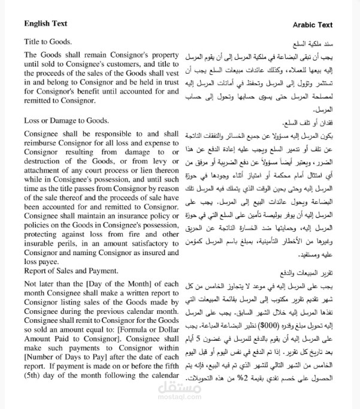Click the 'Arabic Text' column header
[312, 25]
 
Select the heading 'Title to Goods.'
[48, 41]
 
